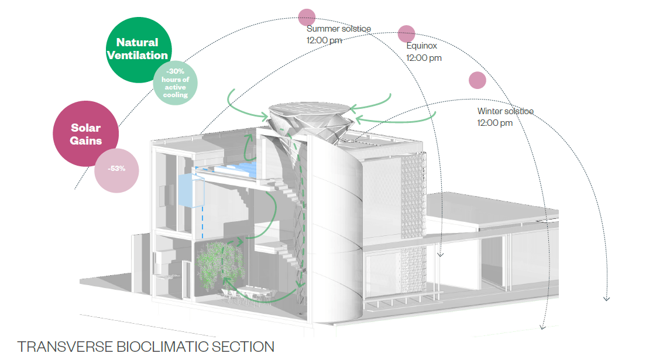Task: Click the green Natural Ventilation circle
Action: coord(138,49)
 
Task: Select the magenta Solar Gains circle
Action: coord(85,133)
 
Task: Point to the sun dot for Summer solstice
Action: coord(307,18)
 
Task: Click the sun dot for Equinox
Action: coord(407,34)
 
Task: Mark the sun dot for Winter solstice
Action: coord(478,80)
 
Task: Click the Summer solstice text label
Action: coord(338,29)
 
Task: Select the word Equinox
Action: coord(422,46)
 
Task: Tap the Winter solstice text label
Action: coord(505,111)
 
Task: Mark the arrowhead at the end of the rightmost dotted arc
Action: coord(606,298)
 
